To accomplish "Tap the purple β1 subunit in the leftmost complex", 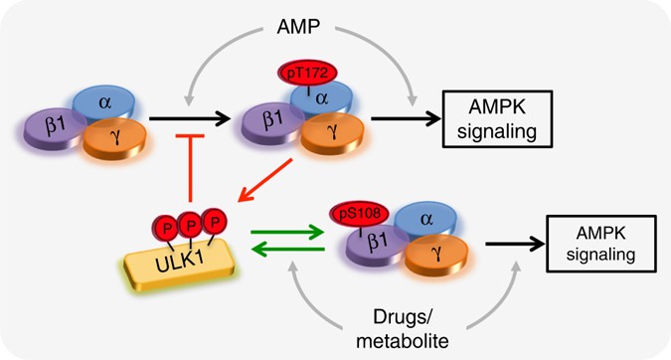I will (51, 130).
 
